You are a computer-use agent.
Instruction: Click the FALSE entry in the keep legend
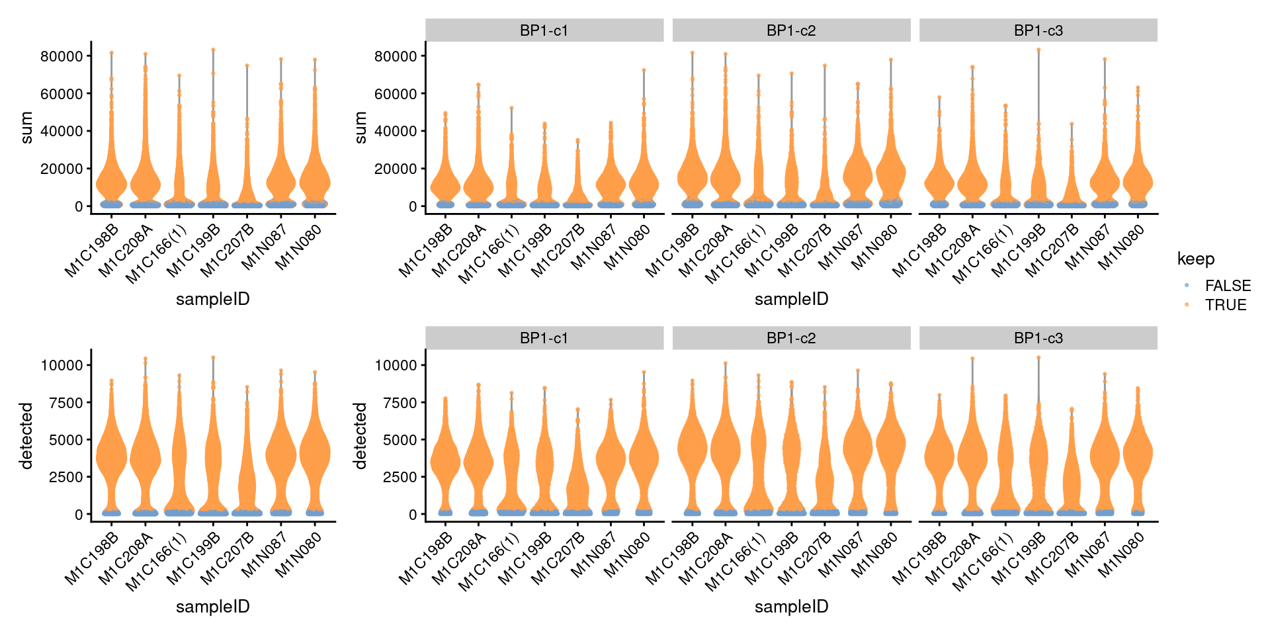[1227, 286]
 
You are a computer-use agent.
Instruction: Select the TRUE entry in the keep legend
[1225, 305]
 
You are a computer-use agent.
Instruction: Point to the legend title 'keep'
[1195, 259]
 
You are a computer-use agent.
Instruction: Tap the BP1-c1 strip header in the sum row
[544, 30]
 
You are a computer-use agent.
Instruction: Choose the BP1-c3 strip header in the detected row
[1038, 338]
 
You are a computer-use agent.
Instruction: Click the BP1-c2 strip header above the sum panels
[791, 30]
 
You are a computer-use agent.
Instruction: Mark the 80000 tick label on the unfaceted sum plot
[62, 56]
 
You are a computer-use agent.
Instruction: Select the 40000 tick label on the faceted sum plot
[396, 131]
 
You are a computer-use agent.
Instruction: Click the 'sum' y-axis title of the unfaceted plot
[26, 128]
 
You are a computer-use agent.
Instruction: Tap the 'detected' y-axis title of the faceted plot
[360, 435]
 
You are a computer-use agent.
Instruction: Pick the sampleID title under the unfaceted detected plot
[212, 607]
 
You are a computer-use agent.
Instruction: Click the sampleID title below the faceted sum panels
[791, 299]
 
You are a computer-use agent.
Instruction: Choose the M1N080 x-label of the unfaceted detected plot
[298, 558]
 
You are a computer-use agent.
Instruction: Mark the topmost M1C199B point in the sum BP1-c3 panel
[1038, 50]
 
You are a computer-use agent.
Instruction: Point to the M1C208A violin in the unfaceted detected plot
[145, 456]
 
